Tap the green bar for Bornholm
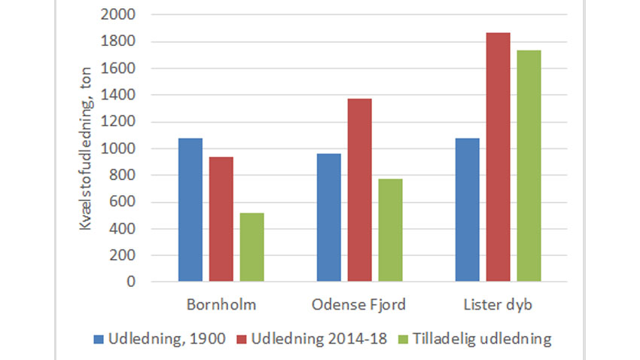pos(252,248)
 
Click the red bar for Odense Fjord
pos(360,191)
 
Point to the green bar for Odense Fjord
pos(391,230)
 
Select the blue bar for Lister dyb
pos(468,210)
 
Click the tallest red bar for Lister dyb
pos(498,157)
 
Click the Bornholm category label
pos(221,305)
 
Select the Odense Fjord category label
pos(360,305)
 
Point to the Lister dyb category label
pos(498,305)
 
